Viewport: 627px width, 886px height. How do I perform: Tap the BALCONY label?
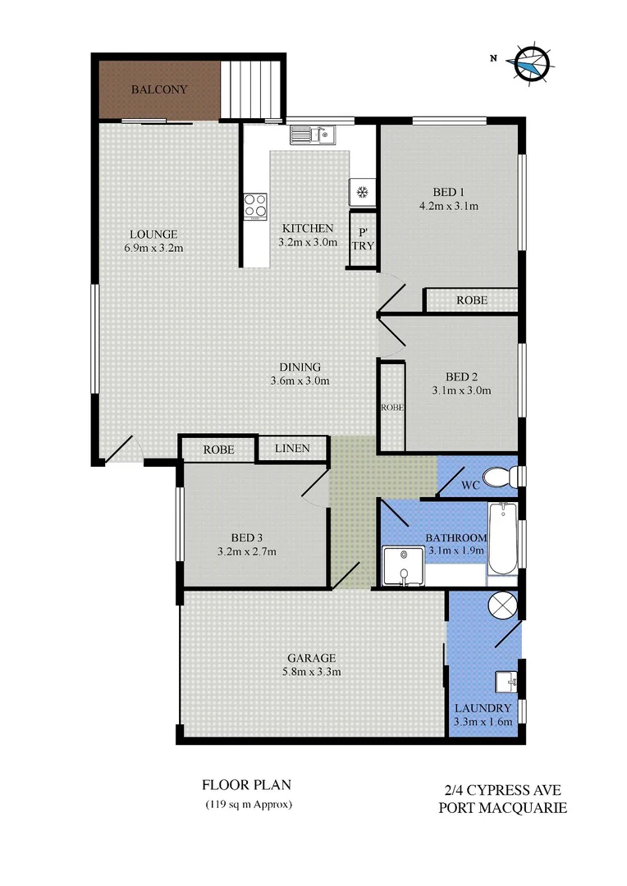(159, 89)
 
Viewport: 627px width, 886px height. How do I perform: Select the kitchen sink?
(312, 133)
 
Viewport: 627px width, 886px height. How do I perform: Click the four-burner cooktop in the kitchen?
(255, 205)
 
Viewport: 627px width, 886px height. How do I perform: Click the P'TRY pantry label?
(363, 239)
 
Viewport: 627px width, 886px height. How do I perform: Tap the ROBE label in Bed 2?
(391, 407)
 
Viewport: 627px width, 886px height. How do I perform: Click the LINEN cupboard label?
(292, 448)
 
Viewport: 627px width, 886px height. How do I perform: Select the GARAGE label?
(311, 658)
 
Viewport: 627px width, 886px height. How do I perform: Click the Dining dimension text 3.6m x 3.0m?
(300, 381)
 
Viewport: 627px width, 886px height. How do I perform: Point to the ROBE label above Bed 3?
(219, 450)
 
